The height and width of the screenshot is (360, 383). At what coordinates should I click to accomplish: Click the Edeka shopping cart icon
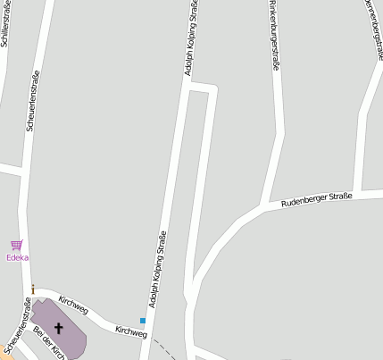click(16, 244)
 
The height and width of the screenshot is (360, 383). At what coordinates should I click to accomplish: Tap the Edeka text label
click(17, 257)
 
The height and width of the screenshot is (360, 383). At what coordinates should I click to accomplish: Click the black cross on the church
click(59, 328)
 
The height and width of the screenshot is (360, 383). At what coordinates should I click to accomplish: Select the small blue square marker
click(142, 320)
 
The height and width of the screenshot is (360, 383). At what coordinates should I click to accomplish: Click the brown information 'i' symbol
click(33, 289)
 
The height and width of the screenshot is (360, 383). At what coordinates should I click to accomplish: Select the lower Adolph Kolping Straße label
click(158, 271)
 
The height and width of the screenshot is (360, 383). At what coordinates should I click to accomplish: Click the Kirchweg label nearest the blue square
click(130, 331)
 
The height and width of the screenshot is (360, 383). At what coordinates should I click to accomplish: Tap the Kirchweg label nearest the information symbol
click(73, 305)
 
